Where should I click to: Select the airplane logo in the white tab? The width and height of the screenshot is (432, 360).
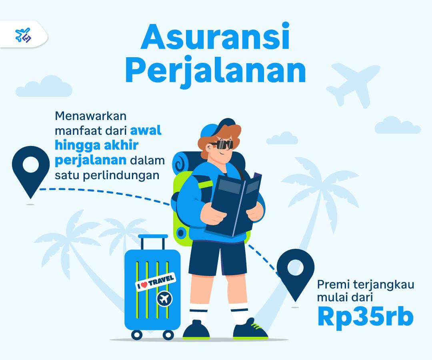point(23,35)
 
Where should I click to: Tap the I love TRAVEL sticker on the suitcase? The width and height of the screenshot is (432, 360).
point(156,282)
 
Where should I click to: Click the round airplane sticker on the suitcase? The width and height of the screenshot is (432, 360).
point(165,298)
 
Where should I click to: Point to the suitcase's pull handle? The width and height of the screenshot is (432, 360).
point(153,242)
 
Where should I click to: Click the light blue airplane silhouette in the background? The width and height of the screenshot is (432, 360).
point(354,85)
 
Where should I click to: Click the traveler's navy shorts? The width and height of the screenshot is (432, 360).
point(218,258)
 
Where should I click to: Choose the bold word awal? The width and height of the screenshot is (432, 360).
point(146,130)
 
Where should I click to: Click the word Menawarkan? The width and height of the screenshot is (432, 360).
point(91,116)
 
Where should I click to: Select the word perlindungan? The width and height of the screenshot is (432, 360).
point(121,175)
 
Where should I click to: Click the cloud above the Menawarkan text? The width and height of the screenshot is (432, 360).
point(44,86)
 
